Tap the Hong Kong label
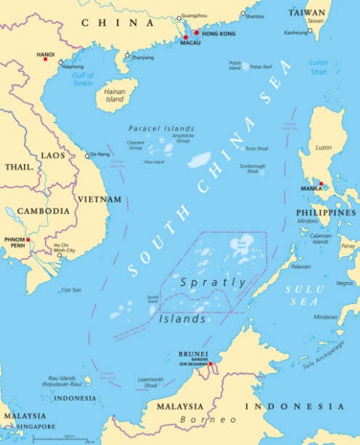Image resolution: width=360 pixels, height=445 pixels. pos(217,34)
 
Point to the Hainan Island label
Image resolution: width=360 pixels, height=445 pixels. pos(115,95)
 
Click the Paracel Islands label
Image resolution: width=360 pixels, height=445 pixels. pos(160,128)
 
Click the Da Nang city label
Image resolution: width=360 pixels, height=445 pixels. pos(100,155)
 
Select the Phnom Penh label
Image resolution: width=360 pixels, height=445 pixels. pos(16,243)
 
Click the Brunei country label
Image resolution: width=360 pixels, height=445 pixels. pos(192,354)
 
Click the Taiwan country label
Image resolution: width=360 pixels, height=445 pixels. pos(307,13)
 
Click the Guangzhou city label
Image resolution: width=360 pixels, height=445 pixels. pos(194,16)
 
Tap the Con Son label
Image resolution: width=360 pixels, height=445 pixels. pos(71,290)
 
